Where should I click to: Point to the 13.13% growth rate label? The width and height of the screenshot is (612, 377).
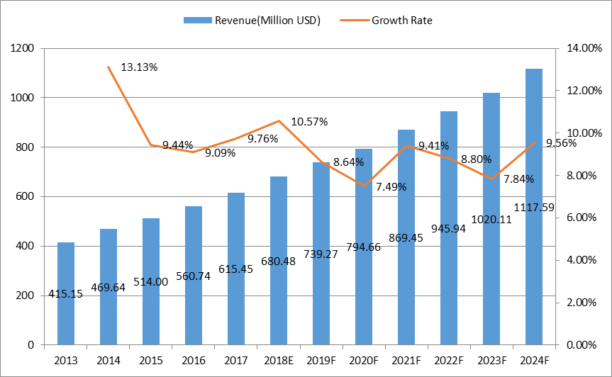[x=139, y=67]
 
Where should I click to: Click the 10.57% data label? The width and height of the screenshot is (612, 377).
[x=309, y=122]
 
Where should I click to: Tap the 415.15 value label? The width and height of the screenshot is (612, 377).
[x=66, y=294]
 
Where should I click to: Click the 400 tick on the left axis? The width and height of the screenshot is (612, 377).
[x=26, y=246]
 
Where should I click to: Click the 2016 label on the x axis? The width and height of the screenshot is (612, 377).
[x=193, y=361]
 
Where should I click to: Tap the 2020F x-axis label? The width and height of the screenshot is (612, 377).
[x=364, y=361]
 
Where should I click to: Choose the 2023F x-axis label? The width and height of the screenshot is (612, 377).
[x=491, y=361]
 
